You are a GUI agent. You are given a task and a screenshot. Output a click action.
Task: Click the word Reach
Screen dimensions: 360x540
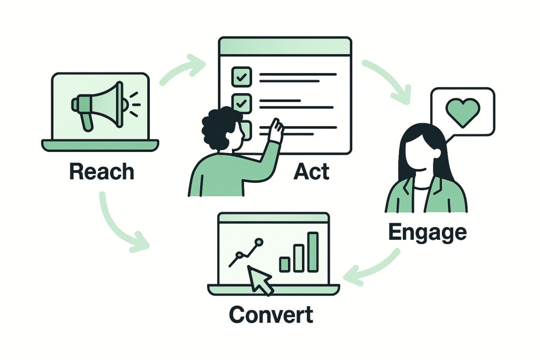(102, 172)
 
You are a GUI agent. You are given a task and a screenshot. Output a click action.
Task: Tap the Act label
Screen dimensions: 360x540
(313, 172)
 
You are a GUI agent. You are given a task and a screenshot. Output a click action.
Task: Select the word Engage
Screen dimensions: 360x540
(427, 232)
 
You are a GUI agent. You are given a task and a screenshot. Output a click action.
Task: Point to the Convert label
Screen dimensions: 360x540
(271, 314)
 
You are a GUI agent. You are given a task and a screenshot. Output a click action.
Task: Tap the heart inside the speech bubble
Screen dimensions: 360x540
(462, 111)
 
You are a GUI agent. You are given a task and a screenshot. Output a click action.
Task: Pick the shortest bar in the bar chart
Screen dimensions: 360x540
(285, 264)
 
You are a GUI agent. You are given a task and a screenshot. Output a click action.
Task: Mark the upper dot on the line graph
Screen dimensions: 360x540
(258, 242)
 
